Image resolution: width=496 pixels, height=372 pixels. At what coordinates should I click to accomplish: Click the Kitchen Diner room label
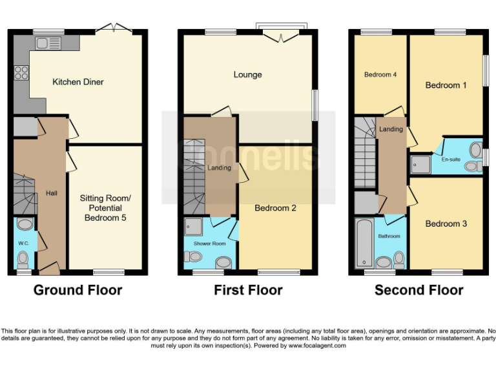(77, 82)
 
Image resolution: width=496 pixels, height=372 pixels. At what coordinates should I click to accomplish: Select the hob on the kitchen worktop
(21, 72)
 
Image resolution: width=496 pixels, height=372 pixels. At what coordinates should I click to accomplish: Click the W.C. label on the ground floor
(24, 243)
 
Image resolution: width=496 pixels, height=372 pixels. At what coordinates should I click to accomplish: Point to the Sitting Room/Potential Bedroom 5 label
(105, 208)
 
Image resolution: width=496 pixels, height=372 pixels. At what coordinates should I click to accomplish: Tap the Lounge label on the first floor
(247, 75)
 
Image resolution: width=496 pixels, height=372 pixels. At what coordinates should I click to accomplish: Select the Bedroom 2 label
(275, 208)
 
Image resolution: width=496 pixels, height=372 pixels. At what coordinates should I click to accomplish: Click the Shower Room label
(209, 243)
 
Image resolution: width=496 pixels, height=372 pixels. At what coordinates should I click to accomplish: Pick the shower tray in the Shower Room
(193, 227)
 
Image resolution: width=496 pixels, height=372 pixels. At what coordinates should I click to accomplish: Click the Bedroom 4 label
(380, 75)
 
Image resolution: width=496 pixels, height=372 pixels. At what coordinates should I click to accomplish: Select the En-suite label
(451, 159)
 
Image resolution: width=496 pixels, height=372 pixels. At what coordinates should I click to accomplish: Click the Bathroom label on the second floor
(389, 236)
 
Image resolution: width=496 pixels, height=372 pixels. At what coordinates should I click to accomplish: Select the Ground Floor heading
(77, 291)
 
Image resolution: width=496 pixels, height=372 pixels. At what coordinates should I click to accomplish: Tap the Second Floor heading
(418, 291)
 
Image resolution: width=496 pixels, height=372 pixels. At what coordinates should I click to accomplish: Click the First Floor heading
(248, 291)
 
